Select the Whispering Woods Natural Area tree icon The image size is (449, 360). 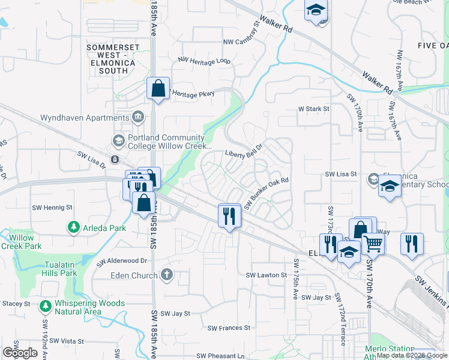click(x=46, y=307)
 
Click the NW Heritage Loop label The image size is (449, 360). click(x=205, y=61)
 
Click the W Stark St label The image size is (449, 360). click(x=315, y=109)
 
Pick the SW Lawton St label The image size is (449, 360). click(x=267, y=275)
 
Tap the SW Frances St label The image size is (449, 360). click(x=229, y=328)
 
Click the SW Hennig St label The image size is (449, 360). click(x=52, y=208)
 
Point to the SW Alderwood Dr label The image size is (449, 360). click(x=122, y=260)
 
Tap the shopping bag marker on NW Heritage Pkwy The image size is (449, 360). click(x=158, y=89)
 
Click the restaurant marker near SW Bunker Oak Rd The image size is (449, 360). click(x=228, y=215)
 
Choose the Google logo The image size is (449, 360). click(x=20, y=353)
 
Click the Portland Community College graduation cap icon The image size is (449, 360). click(x=118, y=141)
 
